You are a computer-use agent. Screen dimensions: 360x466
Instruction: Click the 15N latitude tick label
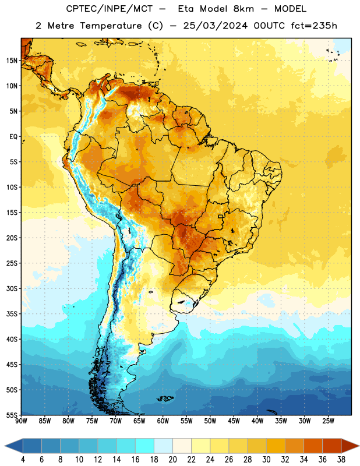[12, 61]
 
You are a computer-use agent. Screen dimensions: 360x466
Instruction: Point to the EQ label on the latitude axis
[13, 137]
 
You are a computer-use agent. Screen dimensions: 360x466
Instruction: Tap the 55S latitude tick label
[12, 415]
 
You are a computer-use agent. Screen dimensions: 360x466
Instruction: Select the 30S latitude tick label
[12, 288]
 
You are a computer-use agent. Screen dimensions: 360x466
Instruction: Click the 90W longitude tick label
[21, 421]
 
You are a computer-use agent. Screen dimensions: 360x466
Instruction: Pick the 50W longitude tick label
[210, 421]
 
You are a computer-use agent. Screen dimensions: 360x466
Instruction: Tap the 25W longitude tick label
[328, 421]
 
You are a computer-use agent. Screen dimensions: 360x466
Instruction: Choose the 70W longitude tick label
[116, 421]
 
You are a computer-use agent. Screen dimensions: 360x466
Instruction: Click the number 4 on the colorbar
[23, 460]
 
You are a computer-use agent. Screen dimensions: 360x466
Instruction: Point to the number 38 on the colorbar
[341, 460]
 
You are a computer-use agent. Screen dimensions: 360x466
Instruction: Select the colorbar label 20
[172, 460]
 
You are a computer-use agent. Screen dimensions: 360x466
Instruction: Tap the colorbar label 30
[266, 460]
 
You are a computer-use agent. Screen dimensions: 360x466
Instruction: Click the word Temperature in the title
[111, 26]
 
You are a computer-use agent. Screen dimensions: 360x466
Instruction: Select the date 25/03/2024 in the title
[215, 26]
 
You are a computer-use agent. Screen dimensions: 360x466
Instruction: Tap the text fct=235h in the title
[314, 26]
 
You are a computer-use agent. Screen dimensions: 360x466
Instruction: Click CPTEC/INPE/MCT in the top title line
[110, 9]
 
